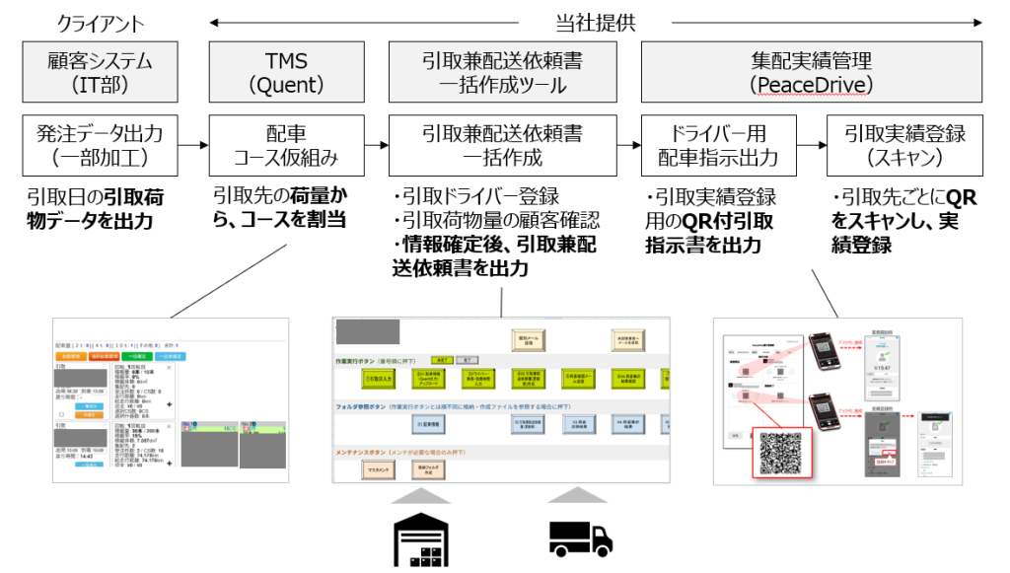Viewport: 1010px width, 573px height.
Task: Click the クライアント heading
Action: click(x=100, y=23)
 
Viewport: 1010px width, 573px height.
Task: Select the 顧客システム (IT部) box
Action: click(x=100, y=72)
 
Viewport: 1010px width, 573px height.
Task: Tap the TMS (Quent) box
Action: click(x=285, y=72)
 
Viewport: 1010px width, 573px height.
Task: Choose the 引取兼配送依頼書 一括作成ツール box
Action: click(x=502, y=72)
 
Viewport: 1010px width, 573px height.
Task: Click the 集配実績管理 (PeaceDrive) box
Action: click(x=811, y=72)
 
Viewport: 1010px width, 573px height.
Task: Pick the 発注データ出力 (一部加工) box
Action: click(x=100, y=145)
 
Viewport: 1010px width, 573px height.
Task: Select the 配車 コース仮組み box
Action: click(x=285, y=145)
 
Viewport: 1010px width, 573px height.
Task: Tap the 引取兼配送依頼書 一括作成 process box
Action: click(x=502, y=145)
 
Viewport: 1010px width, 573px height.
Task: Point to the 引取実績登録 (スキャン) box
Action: click(x=904, y=145)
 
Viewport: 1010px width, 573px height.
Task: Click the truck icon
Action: click(x=580, y=537)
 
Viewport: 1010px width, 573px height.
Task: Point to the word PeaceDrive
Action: click(x=811, y=86)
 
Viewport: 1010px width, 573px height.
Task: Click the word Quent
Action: click(x=285, y=86)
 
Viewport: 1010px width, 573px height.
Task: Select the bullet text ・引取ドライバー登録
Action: click(x=475, y=195)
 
